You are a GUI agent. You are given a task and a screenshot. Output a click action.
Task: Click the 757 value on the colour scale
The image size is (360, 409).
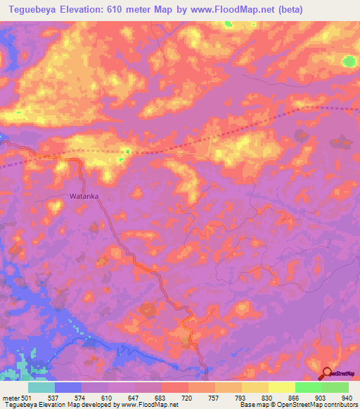214,397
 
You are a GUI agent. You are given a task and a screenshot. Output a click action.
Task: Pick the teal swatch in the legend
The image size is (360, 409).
41,387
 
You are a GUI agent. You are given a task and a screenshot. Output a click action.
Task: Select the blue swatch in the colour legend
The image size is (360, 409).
68,387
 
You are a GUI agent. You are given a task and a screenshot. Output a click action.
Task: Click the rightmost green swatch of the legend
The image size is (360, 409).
335,387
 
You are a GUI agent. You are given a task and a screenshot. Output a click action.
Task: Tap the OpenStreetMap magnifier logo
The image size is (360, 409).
328,374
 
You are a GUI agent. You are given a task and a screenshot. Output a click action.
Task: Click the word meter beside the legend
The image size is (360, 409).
10,397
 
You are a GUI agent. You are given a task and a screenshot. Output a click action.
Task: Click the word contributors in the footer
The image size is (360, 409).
338,405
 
